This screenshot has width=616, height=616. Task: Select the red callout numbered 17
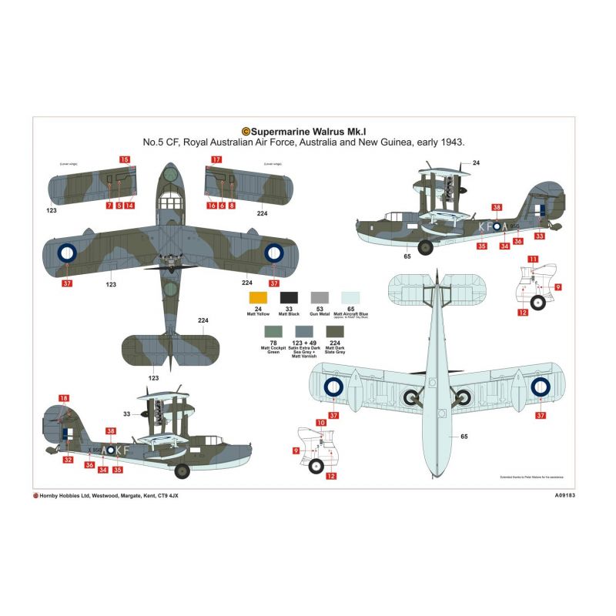(x=216, y=159)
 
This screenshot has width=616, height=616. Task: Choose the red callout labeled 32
(x=69, y=460)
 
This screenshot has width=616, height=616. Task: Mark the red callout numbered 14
(x=130, y=206)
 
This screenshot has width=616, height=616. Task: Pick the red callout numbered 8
(x=231, y=206)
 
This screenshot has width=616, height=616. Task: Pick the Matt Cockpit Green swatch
(x=273, y=332)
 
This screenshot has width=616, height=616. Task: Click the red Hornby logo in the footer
(x=36, y=496)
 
